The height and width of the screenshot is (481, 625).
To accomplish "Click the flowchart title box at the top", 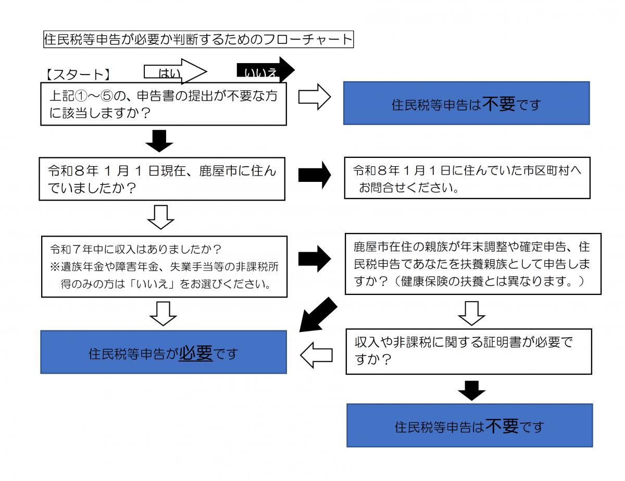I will pyautogui.click(x=198, y=40).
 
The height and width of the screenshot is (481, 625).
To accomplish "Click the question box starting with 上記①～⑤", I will pyautogui.click(x=164, y=104).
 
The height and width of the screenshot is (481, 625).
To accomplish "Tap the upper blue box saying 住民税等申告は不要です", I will pyautogui.click(x=466, y=103).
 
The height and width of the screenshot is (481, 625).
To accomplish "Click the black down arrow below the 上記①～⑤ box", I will pyautogui.click(x=160, y=140).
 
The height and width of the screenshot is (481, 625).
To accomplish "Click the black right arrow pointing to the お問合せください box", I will pyautogui.click(x=315, y=175).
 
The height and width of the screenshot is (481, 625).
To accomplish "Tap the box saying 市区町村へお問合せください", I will pyautogui.click(x=467, y=178).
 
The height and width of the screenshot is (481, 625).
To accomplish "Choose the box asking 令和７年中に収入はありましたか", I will pyautogui.click(x=164, y=266).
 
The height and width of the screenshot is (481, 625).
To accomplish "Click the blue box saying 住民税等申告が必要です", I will pyautogui.click(x=164, y=352).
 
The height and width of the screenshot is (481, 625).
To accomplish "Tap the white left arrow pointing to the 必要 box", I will pyautogui.click(x=317, y=355).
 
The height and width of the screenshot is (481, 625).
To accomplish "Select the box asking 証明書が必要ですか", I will pyautogui.click(x=469, y=351).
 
